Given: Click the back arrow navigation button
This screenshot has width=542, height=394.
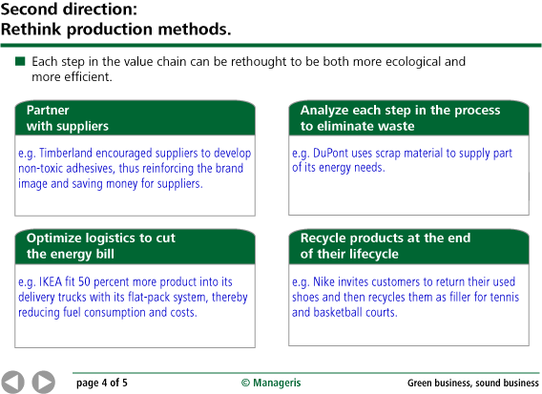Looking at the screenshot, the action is pos(12,383).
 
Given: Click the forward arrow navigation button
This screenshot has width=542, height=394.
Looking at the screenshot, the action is pos(44,383).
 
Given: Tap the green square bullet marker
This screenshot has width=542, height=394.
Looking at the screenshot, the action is pos(20,61).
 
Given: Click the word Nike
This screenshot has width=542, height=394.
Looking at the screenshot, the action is pos(323,281).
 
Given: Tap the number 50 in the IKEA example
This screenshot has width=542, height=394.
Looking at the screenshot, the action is pos(84,281).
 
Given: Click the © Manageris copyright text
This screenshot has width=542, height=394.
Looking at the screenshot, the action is pos(271,383).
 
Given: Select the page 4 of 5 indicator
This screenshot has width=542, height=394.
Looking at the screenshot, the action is pos(101,383).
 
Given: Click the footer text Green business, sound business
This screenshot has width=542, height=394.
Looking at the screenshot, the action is pos(473,383).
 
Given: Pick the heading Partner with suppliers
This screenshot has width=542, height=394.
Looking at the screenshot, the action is pos(68,118).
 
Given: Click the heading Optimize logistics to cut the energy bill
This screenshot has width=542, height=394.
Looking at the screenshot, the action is pos(101,246).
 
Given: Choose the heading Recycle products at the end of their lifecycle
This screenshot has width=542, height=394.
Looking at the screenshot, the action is pos(386,246).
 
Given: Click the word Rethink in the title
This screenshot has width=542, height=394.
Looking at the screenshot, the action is pos(31,29).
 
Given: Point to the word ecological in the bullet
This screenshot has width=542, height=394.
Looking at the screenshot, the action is pos(413,62).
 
